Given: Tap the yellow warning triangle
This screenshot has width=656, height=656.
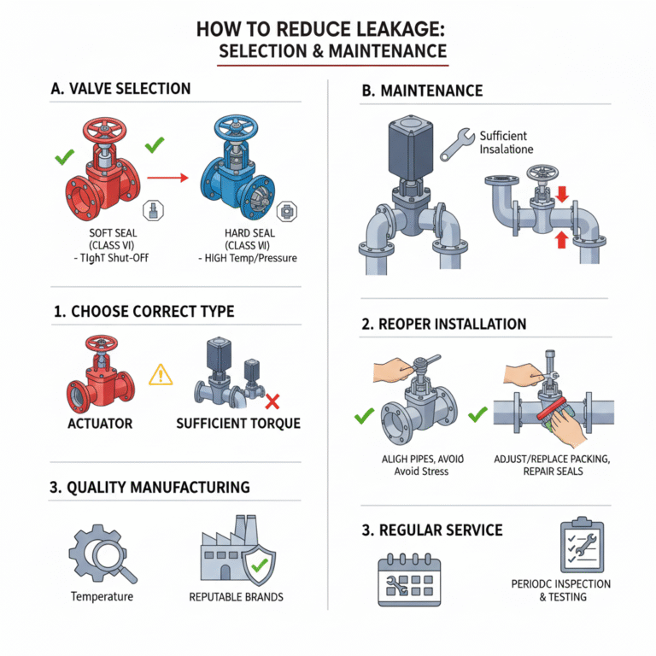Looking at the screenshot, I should click(x=161, y=373).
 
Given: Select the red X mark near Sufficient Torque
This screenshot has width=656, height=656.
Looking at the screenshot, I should click(x=274, y=401).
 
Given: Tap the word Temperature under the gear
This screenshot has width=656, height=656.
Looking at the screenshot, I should click(x=102, y=596).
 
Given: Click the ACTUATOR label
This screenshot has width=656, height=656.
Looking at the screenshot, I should click(x=99, y=423).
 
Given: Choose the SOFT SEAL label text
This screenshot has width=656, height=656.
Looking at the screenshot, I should click(x=113, y=232).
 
